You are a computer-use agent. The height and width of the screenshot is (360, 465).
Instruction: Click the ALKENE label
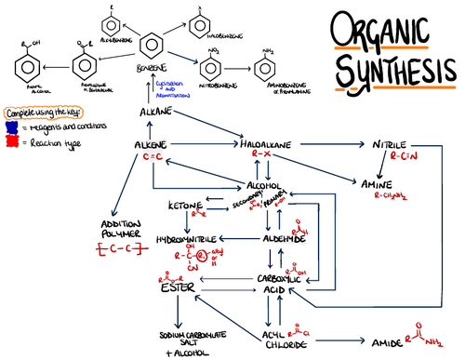[150, 146]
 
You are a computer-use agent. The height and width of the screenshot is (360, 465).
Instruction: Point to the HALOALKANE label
[268, 146]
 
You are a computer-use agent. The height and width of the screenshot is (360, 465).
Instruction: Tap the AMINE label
[377, 184]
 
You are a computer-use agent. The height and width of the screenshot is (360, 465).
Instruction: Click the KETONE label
[184, 204]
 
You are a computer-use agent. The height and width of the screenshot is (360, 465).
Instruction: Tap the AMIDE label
[383, 343]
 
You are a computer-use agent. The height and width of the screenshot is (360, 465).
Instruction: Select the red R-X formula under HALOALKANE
[268, 159]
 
